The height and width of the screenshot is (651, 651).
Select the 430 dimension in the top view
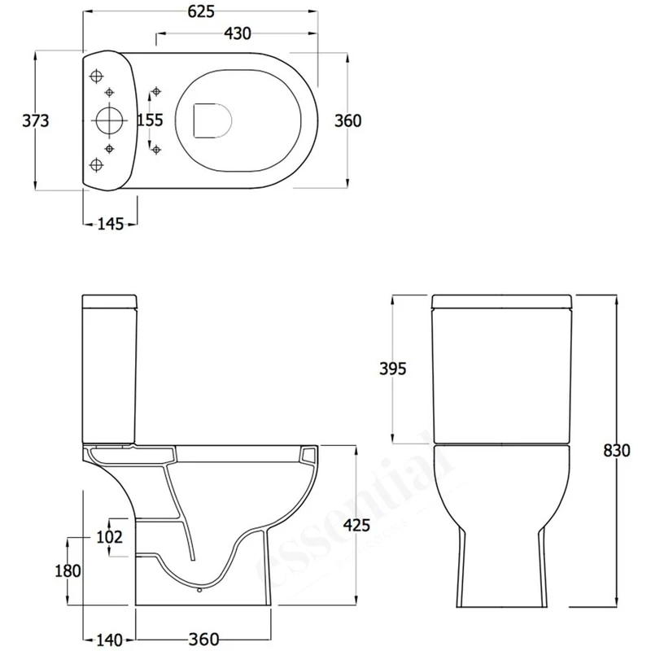[x=237, y=33]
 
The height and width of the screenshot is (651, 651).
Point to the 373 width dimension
[x=36, y=120]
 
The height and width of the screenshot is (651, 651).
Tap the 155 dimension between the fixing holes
[x=150, y=120]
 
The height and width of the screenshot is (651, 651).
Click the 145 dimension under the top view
[x=110, y=224]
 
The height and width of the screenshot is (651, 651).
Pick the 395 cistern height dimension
[x=392, y=369]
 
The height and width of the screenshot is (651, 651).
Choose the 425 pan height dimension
[x=358, y=526]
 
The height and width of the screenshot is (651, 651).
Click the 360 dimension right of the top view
[x=347, y=120]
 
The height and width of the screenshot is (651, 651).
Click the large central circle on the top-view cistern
[x=107, y=120]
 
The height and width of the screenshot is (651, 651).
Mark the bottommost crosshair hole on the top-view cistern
[x=98, y=165]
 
